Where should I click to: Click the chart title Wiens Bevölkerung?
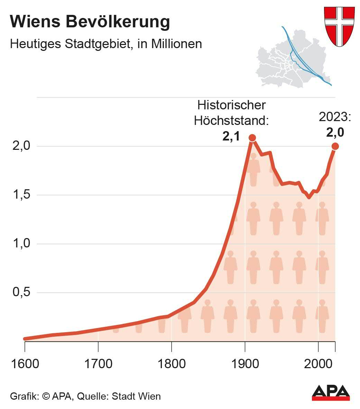pos(90,22)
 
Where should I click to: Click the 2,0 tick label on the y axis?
pos(21,146)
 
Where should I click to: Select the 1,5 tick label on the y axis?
pos(21,195)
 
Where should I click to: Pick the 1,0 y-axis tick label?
pos(21,244)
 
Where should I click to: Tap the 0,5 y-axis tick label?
pos(21,292)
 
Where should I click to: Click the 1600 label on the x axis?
pos(25,364)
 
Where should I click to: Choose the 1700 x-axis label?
pos(98,364)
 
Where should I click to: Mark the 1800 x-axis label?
pos(172,364)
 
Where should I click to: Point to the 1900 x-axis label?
pos(245,364)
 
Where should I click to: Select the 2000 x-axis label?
pos(318,364)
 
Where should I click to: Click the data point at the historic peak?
pos(252,138)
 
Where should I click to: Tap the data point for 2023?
pos(335,146)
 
